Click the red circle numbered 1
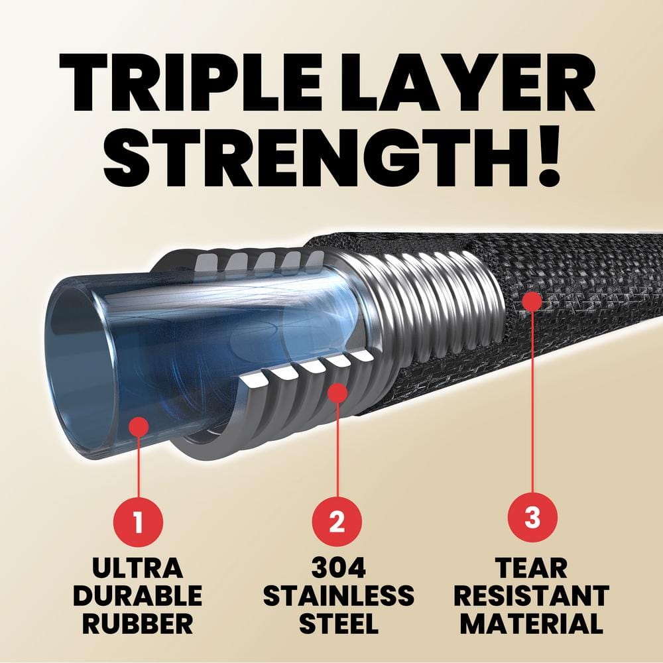tap(138, 522)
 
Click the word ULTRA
tap(137, 568)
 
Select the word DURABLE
tap(137, 596)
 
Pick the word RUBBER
tap(137, 624)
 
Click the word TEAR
tap(532, 568)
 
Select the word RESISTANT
tap(532, 596)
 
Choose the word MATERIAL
tap(532, 624)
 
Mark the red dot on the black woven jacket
tap(532, 300)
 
